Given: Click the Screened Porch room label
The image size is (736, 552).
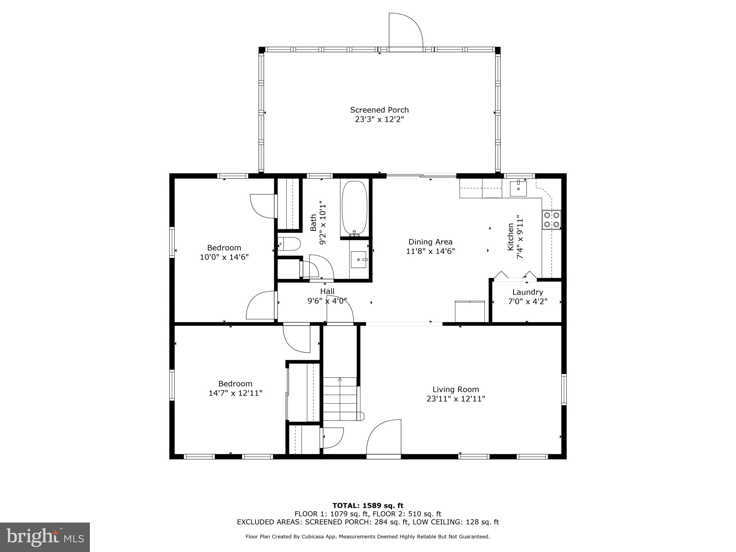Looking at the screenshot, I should point(379,110).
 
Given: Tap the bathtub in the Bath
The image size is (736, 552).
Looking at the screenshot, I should point(354,208).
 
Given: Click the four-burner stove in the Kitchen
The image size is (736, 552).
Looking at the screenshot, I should point(551,220).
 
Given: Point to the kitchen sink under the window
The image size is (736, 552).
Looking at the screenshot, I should point(518,189).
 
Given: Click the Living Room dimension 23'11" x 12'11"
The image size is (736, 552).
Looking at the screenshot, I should point(456,399).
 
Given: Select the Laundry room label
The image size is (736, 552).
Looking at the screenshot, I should point(528,292).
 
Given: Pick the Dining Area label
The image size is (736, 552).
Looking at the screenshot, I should point(430,242).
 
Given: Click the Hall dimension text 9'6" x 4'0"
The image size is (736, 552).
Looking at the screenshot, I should point(327,301).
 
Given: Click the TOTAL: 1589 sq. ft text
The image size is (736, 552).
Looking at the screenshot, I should point(368,506).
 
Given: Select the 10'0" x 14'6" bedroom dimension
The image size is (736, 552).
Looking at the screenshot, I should point(224,257).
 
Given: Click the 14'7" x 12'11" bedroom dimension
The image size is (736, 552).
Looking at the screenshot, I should point(235,393).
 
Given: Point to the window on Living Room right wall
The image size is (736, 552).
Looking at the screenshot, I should point(563,390).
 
